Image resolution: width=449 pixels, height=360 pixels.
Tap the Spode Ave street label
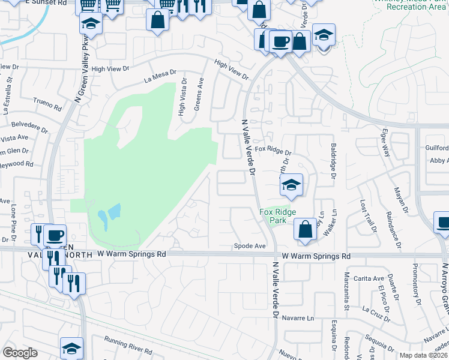click(x=250, y=246)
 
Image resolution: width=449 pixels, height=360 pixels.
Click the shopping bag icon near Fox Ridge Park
click(x=306, y=229)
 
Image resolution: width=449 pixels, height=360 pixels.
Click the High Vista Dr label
click(x=182, y=99)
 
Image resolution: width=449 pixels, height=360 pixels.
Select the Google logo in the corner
click(x=20, y=353)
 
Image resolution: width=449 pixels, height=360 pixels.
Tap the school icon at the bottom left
click(x=71, y=347)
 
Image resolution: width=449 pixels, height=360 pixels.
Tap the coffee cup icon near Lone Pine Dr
click(x=55, y=235)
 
